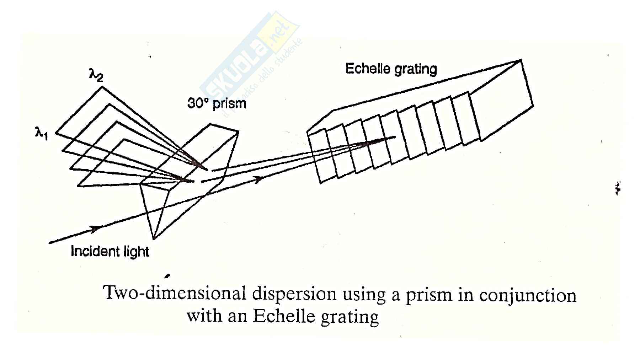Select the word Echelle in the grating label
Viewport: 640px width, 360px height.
[367, 68]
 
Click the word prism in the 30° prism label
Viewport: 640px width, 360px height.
[231, 103]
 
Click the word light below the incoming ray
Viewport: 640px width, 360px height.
[137, 252]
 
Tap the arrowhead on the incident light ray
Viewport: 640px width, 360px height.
[95, 229]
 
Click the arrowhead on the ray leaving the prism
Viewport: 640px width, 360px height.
[259, 179]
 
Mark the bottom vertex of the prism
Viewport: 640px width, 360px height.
[154, 238]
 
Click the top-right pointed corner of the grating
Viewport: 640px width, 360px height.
[521, 60]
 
